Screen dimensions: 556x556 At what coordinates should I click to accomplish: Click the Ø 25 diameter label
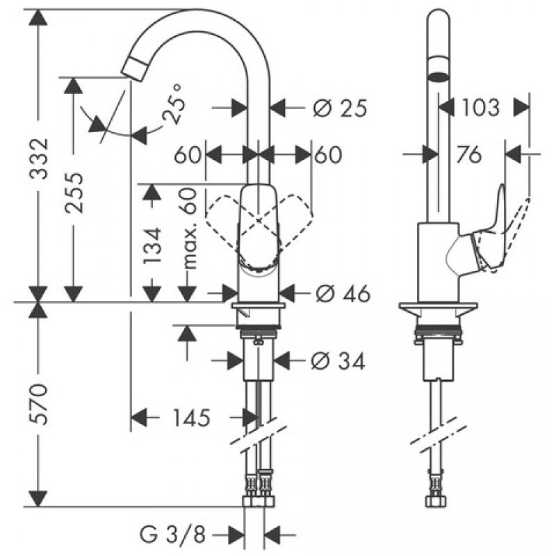[339, 108]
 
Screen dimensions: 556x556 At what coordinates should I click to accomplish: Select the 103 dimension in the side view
[479, 108]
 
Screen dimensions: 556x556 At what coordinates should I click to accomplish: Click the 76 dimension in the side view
[470, 155]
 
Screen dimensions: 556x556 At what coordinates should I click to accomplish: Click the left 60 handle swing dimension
[187, 155]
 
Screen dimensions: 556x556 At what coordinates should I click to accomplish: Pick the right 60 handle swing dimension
[328, 155]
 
